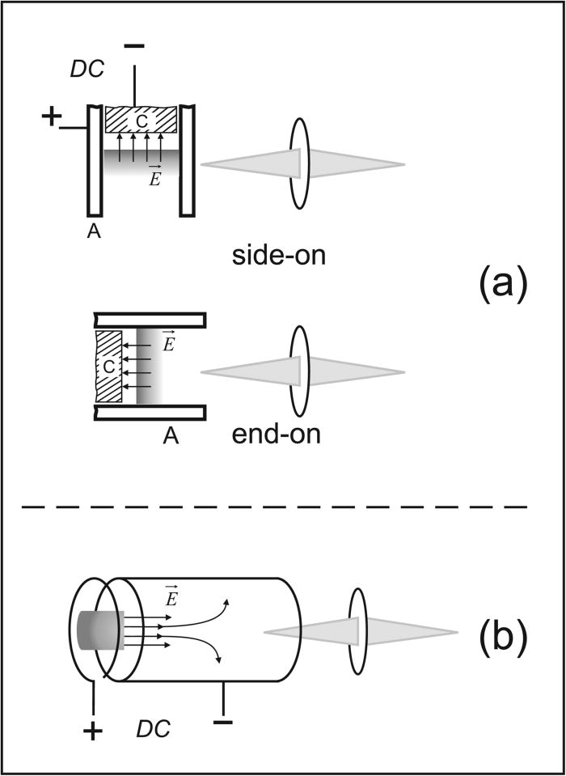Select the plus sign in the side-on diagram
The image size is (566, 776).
[51, 117]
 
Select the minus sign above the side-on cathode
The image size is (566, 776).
[134, 48]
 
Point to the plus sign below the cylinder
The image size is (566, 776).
[94, 732]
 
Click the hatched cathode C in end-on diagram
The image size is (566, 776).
[108, 367]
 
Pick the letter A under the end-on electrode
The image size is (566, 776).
[171, 437]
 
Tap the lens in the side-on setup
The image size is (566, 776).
[299, 164]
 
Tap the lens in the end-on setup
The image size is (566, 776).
[299, 371]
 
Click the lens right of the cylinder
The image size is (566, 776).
[358, 631]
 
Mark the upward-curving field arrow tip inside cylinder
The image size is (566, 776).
[227, 602]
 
